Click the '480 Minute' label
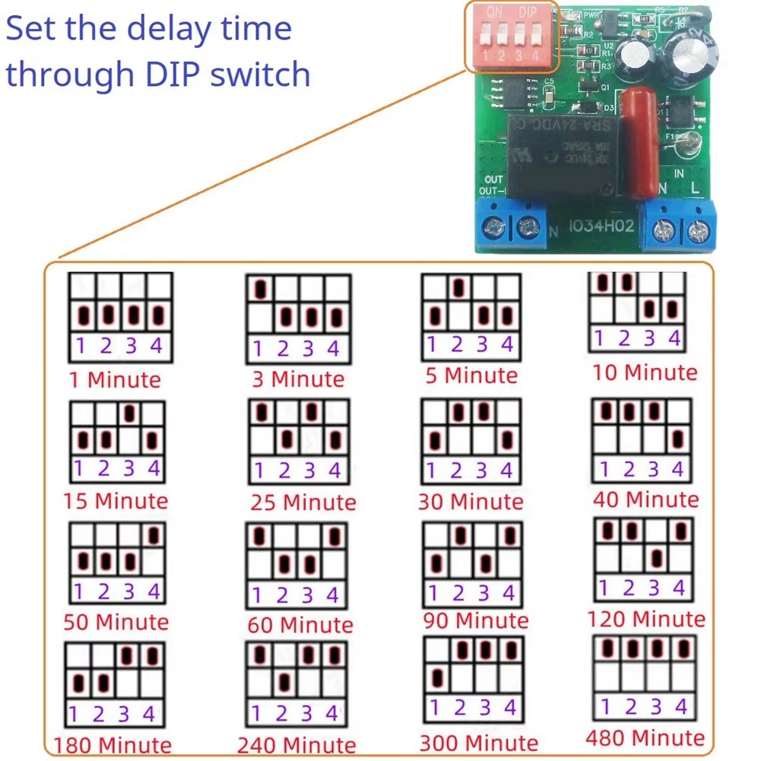pos(645,737)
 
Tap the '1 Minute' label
pos(115,379)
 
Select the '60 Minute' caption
pos(300,625)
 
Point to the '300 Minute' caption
pos(478,743)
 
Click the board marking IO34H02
pos(601,227)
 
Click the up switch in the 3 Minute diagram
pos(261,290)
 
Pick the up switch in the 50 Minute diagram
pos(155,535)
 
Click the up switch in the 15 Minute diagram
pos(130,413)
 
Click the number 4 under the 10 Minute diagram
pos(674,338)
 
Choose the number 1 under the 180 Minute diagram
pos(74,714)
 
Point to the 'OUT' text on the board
pos(494,180)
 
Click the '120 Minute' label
pos(645,619)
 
